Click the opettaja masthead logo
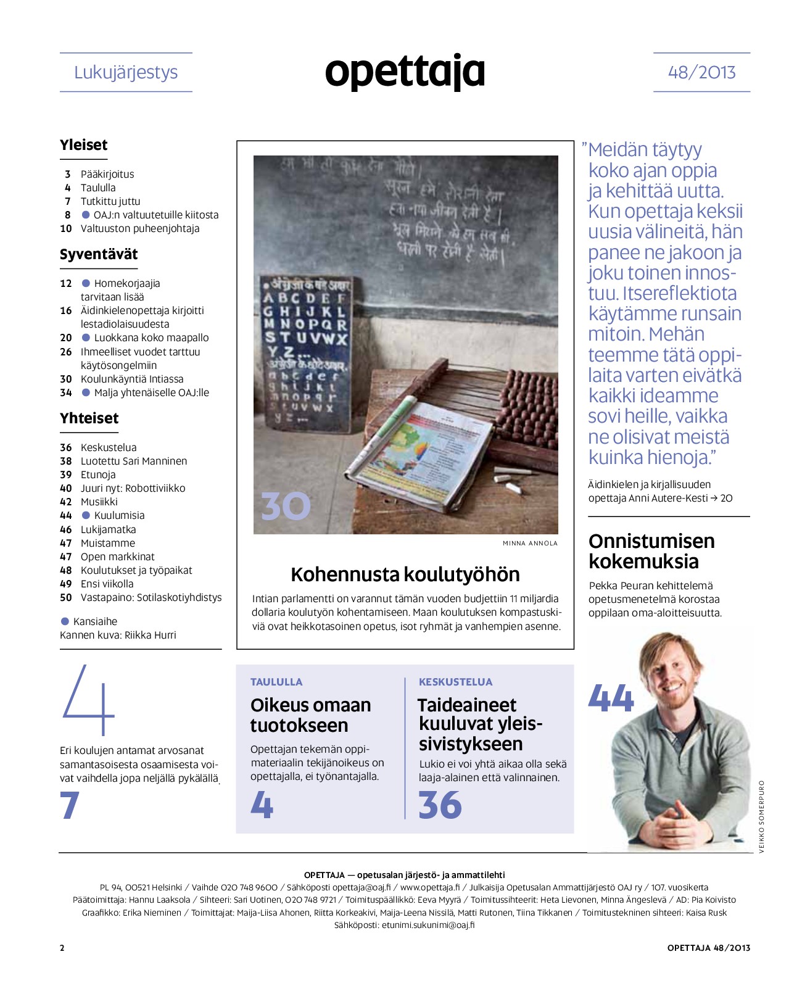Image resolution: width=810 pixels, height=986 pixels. pyautogui.click(x=405, y=72)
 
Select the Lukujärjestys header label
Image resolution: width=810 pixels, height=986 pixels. pyautogui.click(x=126, y=72)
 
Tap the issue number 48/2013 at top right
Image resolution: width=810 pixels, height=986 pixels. pyautogui.click(x=701, y=72)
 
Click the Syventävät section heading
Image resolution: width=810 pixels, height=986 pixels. pyautogui.click(x=99, y=254)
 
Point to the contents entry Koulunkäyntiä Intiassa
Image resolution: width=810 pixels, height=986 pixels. pyautogui.click(x=132, y=379)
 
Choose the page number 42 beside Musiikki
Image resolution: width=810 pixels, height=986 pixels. pyautogui.click(x=66, y=502)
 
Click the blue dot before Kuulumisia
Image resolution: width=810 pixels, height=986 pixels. pyautogui.click(x=86, y=515)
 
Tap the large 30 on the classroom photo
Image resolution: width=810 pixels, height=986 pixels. pyautogui.click(x=286, y=506)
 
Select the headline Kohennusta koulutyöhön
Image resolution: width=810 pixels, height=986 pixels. pyautogui.click(x=405, y=574)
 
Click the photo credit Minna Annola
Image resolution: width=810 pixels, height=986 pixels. pyautogui.click(x=530, y=544)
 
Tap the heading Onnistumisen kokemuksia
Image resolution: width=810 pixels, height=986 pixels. pyautogui.click(x=651, y=551)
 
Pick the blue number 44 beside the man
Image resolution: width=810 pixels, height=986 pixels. pyautogui.click(x=611, y=698)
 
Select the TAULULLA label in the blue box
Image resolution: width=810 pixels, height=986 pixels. pyautogui.click(x=276, y=682)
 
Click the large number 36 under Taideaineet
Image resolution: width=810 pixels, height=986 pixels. pyautogui.click(x=440, y=805)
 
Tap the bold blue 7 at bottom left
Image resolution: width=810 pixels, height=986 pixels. pyautogui.click(x=70, y=805)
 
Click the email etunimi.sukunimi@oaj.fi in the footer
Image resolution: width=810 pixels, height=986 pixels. pyautogui.click(x=428, y=925)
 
